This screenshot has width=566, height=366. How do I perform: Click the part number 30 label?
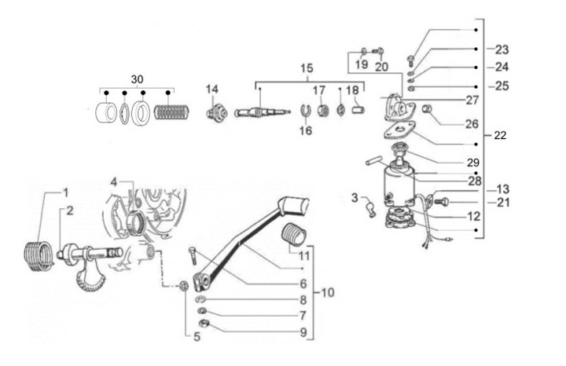click(x=137, y=79)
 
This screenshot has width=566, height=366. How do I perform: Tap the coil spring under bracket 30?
click(x=171, y=112)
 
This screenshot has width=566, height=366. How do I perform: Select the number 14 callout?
click(x=212, y=89)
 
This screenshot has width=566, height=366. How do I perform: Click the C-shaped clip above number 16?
click(x=306, y=110)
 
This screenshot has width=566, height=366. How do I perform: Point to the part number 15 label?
click(x=307, y=68)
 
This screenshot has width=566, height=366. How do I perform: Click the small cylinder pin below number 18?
click(x=358, y=109)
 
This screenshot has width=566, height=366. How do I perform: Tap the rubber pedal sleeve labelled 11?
click(x=295, y=234)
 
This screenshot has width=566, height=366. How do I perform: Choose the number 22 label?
click(x=500, y=135)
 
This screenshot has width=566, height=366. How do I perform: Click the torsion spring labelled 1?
click(x=39, y=256)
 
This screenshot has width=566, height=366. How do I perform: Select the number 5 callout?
click(x=197, y=337)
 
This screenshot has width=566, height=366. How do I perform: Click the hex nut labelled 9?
click(x=204, y=324)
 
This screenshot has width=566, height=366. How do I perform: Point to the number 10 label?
click(x=328, y=292)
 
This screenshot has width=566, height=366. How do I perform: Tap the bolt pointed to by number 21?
click(x=442, y=202)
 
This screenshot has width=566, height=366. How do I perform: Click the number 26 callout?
click(x=472, y=123)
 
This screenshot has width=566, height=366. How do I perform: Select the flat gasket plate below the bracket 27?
click(x=399, y=131)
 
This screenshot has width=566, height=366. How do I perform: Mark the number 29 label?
click(x=473, y=163)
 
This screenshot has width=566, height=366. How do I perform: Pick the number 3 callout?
click(x=355, y=198)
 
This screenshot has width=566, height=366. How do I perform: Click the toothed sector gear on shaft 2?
click(x=90, y=280)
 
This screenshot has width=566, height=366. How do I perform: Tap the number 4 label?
click(x=114, y=181)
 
